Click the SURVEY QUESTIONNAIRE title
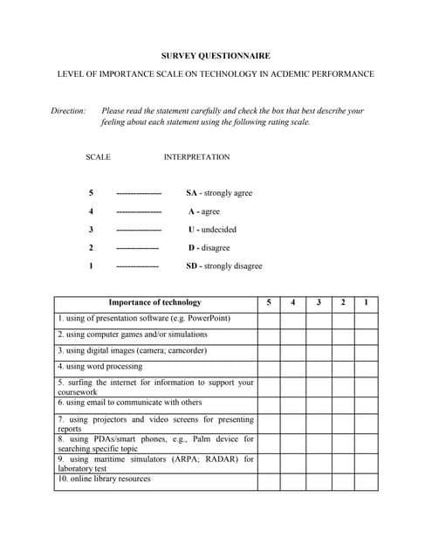(x=216, y=56)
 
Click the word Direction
(x=69, y=111)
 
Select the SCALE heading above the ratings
(x=98, y=157)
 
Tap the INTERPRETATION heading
(x=196, y=157)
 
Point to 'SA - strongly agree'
(x=219, y=193)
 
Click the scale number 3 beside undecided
(x=91, y=230)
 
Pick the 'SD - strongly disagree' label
(x=224, y=266)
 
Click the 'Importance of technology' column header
(x=154, y=302)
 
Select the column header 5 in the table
(x=269, y=302)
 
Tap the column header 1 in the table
(x=366, y=302)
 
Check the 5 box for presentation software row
(x=269, y=319)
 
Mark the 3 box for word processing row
(x=319, y=368)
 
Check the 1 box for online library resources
(x=366, y=481)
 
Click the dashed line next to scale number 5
(x=139, y=193)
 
